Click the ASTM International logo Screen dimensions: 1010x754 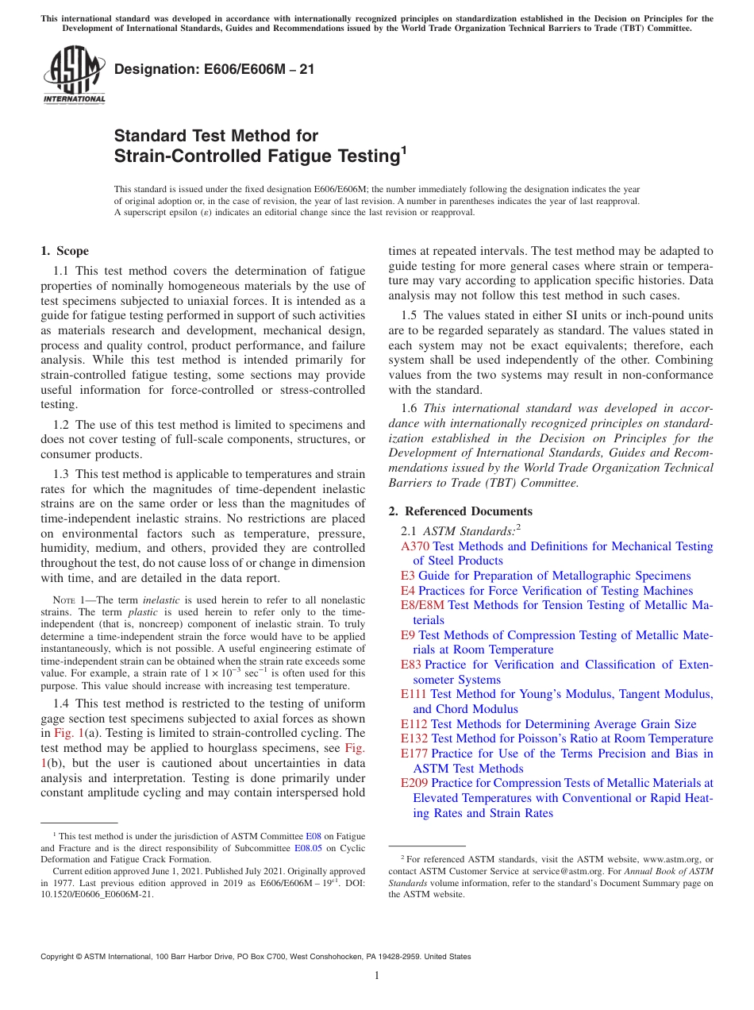click(74, 75)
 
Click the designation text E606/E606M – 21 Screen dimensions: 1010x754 click(214, 69)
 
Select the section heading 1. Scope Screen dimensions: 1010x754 click(65, 252)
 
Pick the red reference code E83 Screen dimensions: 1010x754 click(411, 665)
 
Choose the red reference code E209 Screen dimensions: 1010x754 click(415, 783)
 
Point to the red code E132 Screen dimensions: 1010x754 click(414, 738)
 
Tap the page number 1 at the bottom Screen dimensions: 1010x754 click(377, 976)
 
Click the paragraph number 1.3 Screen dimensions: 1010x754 click(61, 474)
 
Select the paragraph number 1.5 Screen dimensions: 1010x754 click(409, 316)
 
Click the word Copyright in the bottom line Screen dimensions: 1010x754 click(60, 957)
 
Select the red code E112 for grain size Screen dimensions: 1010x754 click(414, 724)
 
